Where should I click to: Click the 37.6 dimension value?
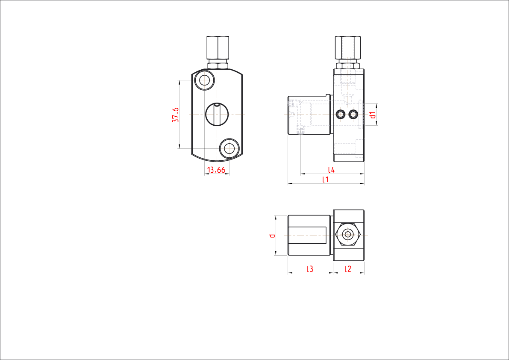[x=175, y=115]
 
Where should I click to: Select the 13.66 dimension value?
[x=216, y=170]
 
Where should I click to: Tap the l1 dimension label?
[x=325, y=179]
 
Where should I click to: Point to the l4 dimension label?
[x=331, y=169]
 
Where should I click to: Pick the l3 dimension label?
[x=310, y=269]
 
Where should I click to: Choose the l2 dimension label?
[x=347, y=269]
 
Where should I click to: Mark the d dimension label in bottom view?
[x=272, y=235]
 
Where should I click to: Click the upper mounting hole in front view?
[x=205, y=80]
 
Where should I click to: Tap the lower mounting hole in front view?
[x=229, y=148]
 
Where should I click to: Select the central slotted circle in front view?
[x=217, y=114]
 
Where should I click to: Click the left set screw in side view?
[x=340, y=114]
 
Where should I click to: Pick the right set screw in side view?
[x=353, y=114]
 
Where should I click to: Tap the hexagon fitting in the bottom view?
[x=348, y=235]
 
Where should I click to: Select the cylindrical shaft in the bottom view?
[x=309, y=235]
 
